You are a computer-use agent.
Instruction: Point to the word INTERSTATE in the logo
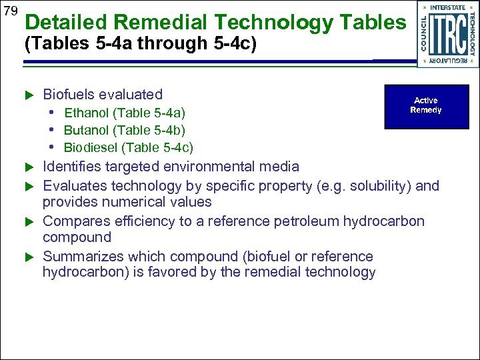tap(447, 7)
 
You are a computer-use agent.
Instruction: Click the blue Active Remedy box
tap(426, 106)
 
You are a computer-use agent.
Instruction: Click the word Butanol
tap(87, 130)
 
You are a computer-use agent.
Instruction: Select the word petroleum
tap(310, 221)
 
